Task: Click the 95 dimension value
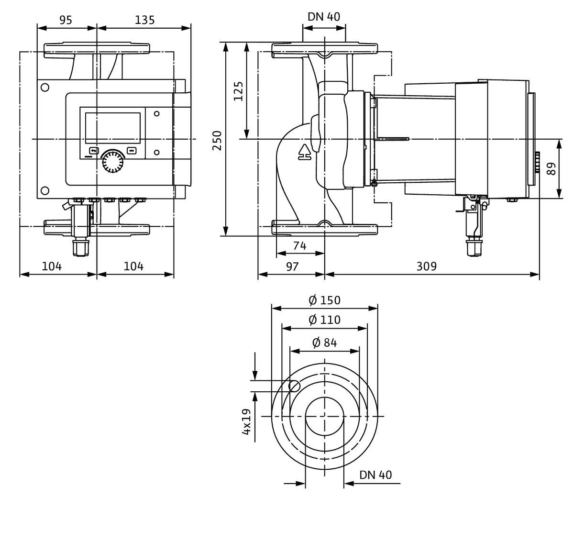[66, 20]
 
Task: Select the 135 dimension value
[144, 20]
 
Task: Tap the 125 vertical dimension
[239, 91]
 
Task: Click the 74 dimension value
[299, 246]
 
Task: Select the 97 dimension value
[292, 266]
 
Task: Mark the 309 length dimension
[426, 266]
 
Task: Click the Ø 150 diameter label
[324, 300]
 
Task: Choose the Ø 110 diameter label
[324, 320]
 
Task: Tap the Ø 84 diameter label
[324, 343]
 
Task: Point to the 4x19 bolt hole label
[247, 421]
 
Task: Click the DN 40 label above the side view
[324, 17]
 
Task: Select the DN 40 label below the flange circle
[375, 475]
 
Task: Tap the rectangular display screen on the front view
[112, 128]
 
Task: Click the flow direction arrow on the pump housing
[304, 152]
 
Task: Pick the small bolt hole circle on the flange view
[295, 386]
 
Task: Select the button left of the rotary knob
[93, 150]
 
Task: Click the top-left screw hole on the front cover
[45, 88]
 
